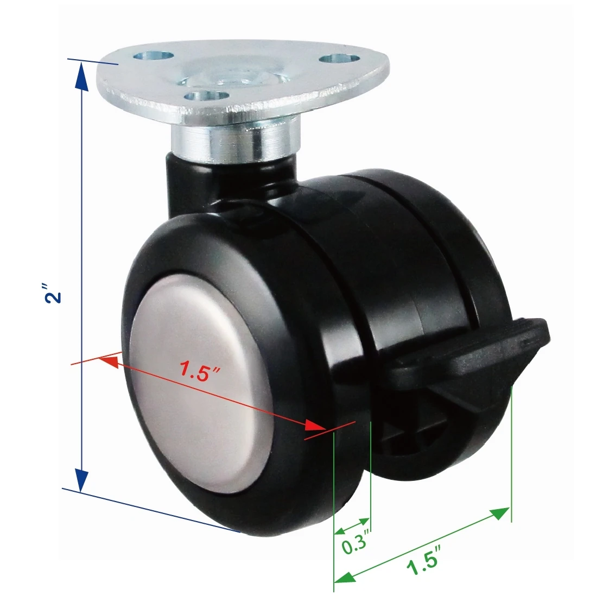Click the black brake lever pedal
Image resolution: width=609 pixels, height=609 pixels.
472,347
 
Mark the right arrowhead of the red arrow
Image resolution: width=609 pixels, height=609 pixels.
317,426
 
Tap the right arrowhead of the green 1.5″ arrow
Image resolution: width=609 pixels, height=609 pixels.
499,513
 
